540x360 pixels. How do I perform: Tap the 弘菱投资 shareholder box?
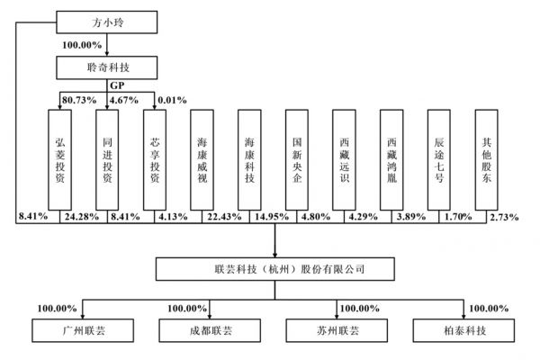[x=60, y=160]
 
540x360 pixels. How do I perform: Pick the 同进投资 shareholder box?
[x=107, y=160]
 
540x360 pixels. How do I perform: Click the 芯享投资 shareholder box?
[x=155, y=160]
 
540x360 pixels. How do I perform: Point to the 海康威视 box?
[x=202, y=160]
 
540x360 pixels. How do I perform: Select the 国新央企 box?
[x=298, y=160]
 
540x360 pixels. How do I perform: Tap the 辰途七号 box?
[x=440, y=160]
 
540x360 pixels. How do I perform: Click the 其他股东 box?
[x=487, y=160]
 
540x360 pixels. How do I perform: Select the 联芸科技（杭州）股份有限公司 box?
[x=274, y=269]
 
